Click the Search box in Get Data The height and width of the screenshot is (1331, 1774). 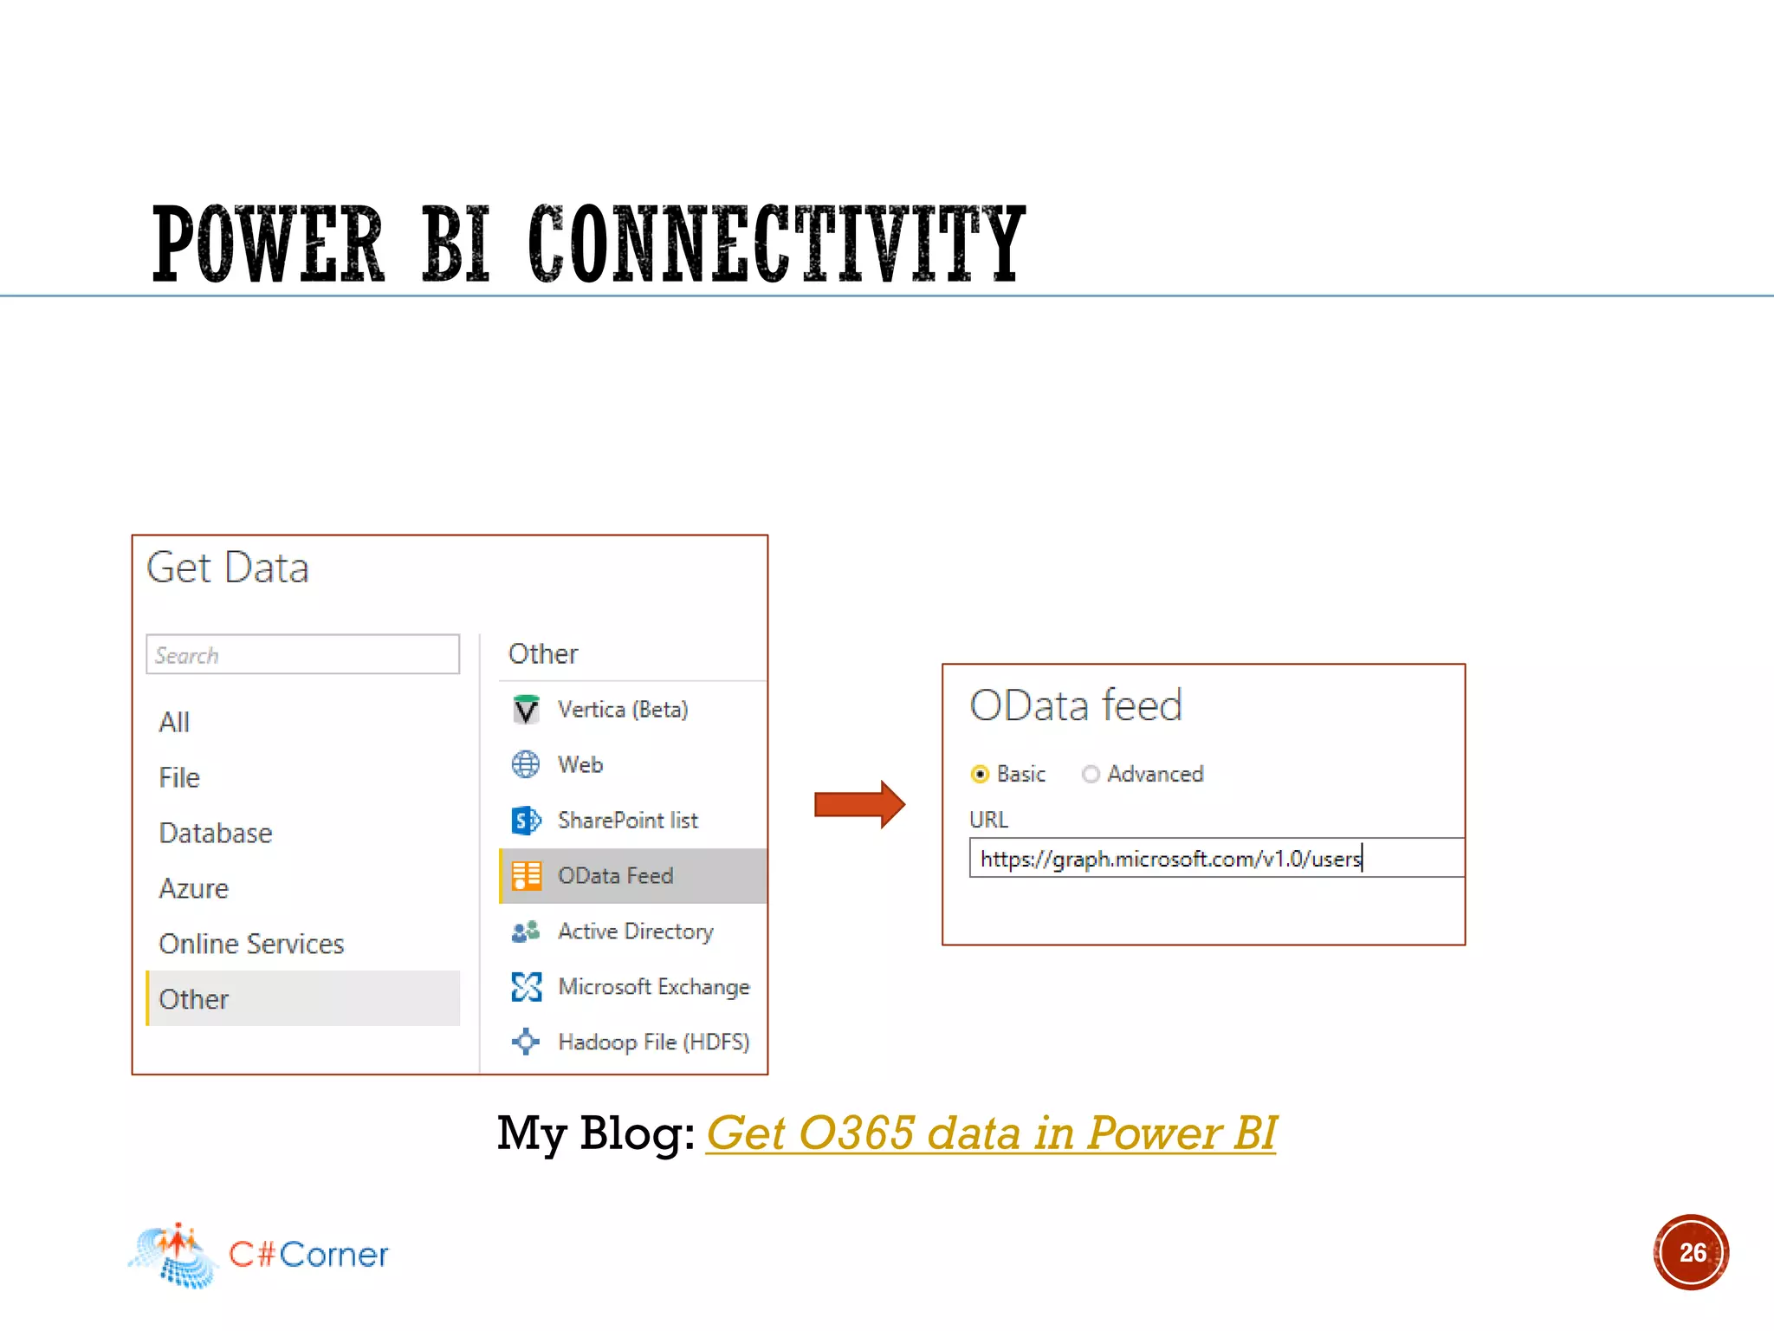[302, 655]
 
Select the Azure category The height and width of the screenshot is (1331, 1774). [194, 888]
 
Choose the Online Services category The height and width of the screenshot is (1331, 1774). [251, 944]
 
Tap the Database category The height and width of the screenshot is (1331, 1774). [216, 833]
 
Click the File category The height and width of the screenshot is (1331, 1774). [179, 777]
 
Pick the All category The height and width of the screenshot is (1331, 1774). [174, 722]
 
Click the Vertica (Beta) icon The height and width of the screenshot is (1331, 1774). [526, 710]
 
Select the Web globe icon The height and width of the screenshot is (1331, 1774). [526, 764]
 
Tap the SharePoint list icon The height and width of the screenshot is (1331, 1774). [526, 820]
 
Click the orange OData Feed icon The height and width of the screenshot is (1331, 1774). [526, 875]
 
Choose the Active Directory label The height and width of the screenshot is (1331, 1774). [636, 932]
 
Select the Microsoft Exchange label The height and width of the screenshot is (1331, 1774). [654, 987]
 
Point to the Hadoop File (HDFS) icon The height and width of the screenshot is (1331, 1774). [526, 1042]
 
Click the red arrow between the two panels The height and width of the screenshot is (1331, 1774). [858, 804]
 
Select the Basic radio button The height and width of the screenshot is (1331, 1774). [980, 774]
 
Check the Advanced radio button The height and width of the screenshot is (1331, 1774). [1091, 774]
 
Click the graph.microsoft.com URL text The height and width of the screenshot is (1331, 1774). [1170, 859]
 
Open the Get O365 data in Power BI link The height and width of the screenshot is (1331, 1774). [991, 1133]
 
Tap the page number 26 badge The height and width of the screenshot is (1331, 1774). [1691, 1252]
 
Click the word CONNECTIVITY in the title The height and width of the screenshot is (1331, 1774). [776, 244]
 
